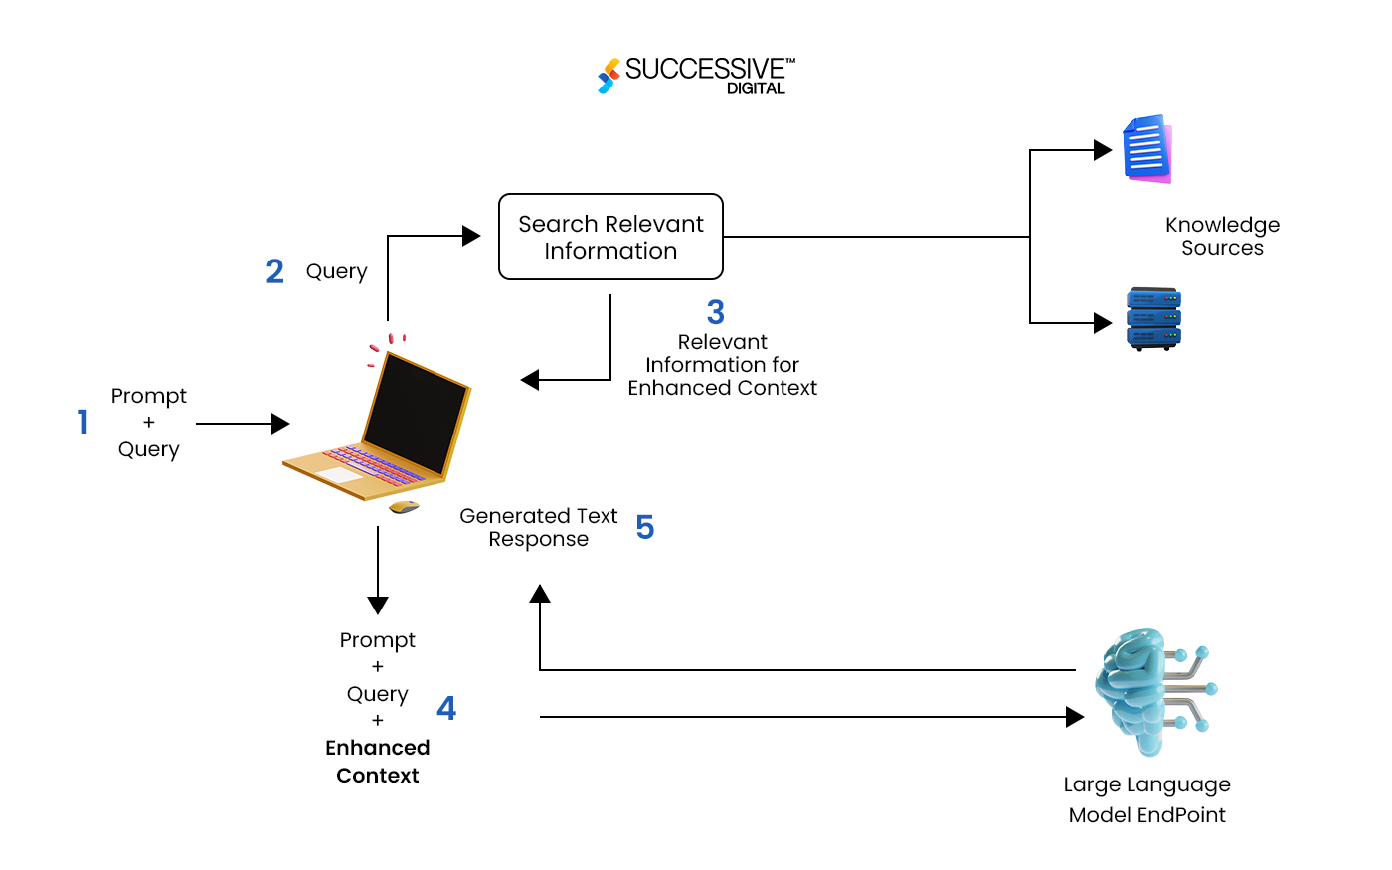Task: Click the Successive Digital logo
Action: [x=696, y=76]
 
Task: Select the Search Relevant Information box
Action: [x=610, y=237]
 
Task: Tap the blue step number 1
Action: [x=83, y=423]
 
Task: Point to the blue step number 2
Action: [x=275, y=271]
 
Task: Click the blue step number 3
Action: [x=716, y=312]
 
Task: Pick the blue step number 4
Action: [x=446, y=708]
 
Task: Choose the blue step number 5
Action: [x=645, y=527]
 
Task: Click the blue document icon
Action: [x=1147, y=149]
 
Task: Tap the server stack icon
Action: [x=1153, y=319]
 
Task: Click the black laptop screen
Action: [x=416, y=413]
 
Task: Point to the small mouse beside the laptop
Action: [x=404, y=507]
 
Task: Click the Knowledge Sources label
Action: [x=1222, y=237]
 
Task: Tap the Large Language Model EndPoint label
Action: [x=1146, y=799]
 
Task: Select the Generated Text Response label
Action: [x=538, y=527]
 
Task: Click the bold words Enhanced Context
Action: [x=378, y=762]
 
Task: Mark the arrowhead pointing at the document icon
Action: [x=1103, y=150]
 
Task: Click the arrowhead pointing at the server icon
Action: [x=1103, y=323]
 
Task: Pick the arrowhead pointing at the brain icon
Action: [x=1075, y=717]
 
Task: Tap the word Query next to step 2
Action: [x=336, y=271]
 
